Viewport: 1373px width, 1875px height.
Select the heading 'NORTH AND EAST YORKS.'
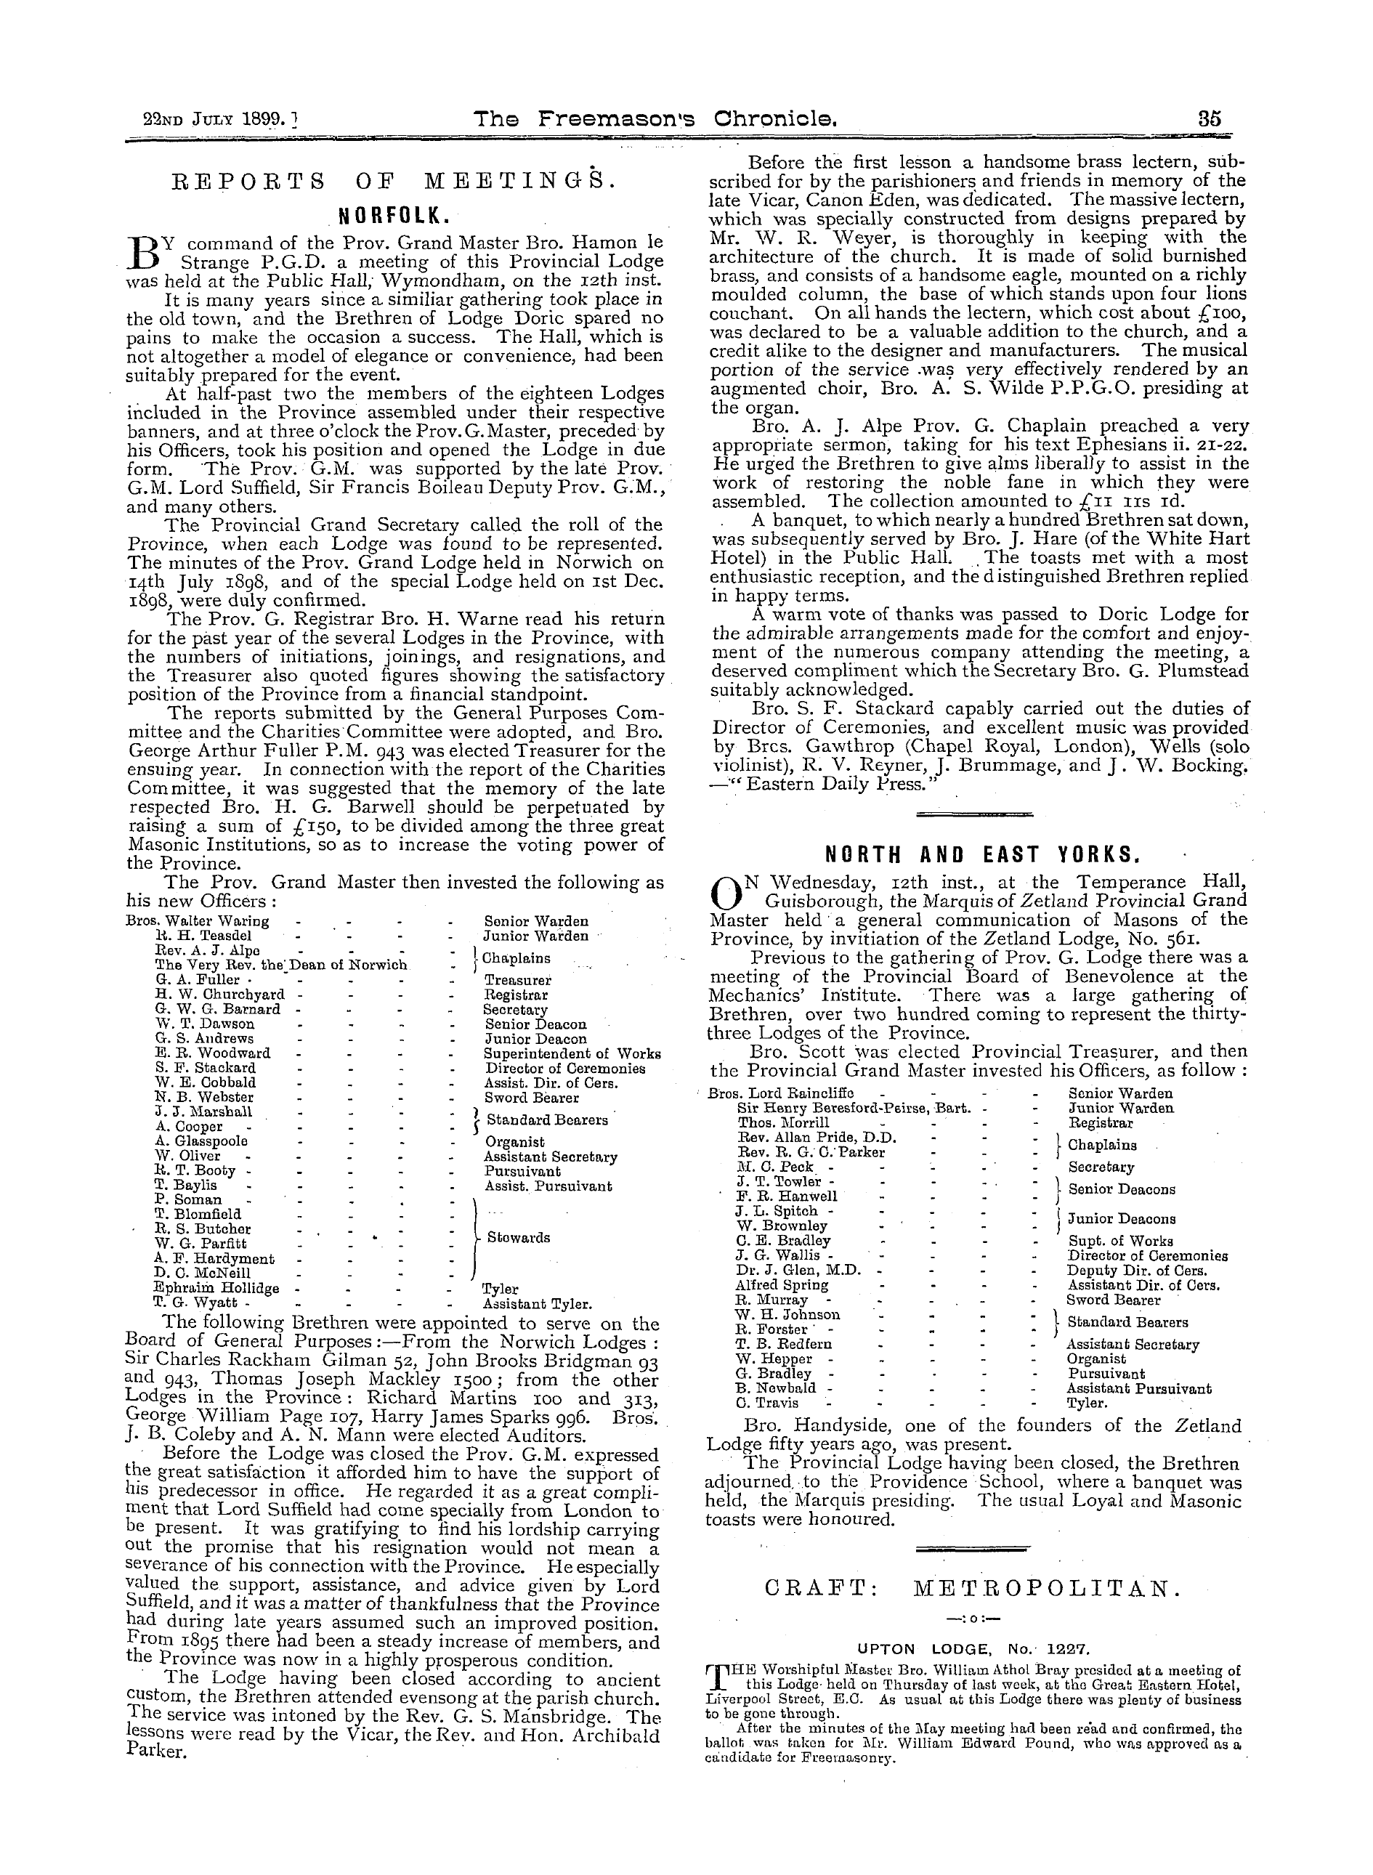pos(976,854)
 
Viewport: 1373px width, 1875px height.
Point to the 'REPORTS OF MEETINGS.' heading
pos(394,181)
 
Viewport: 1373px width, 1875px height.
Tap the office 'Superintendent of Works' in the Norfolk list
pos(572,1053)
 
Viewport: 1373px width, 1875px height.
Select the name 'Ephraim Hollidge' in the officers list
pos(217,1288)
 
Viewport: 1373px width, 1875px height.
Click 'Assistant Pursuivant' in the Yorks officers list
pos(1138,1388)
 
